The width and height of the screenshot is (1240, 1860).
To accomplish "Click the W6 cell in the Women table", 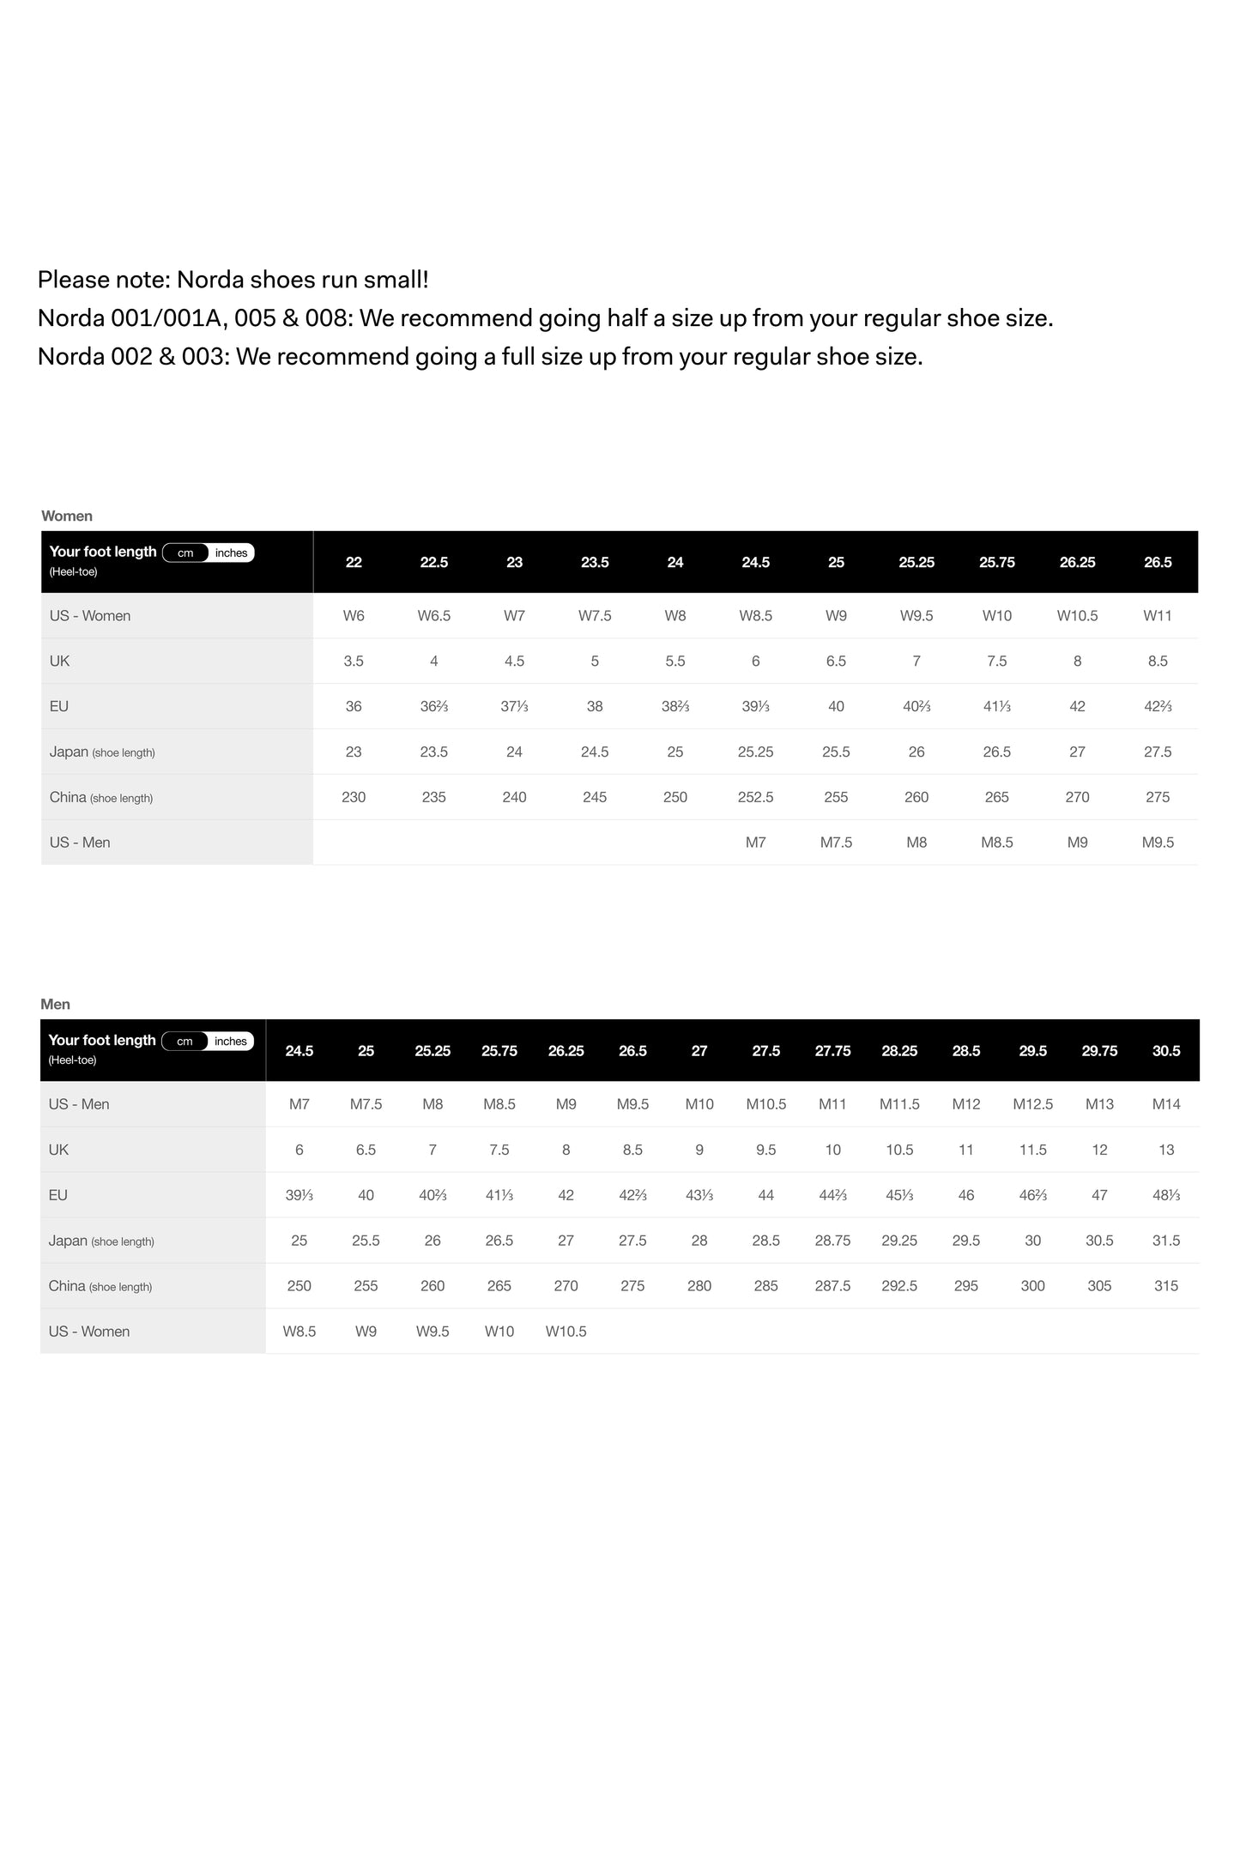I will coord(354,616).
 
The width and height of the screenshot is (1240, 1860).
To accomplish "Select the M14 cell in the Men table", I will coord(1166,1104).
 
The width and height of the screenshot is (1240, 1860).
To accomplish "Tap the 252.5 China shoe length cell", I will coord(755,797).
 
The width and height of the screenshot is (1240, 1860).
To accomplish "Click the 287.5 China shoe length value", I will coord(832,1286).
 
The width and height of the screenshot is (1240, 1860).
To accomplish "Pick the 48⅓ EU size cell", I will coord(1166,1195).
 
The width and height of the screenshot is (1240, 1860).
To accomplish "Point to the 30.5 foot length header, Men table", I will coord(1166,1051).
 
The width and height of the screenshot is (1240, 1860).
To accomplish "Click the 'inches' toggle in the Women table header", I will coord(231,553).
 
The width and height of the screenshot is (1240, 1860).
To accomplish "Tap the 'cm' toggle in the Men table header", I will coord(184,1042).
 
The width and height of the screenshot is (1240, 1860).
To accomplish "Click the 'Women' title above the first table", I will coord(67,516).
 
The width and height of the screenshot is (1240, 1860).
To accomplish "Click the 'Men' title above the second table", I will coord(56,1005).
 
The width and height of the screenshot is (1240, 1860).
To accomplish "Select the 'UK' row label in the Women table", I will coord(60,661).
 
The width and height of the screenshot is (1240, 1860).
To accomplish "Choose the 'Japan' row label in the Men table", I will coord(69,1241).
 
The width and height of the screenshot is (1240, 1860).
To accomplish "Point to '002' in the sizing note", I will coord(131,357).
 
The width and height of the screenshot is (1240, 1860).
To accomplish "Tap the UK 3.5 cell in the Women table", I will coord(354,661).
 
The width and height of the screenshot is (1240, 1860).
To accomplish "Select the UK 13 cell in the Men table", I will coord(1166,1150).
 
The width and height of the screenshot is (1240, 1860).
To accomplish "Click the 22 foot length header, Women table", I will coord(354,563).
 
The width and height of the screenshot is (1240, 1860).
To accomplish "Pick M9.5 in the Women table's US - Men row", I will coord(1158,842).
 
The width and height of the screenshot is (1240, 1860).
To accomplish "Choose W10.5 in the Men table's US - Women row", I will coord(566,1332).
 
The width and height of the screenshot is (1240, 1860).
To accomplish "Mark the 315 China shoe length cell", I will coord(1166,1286).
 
